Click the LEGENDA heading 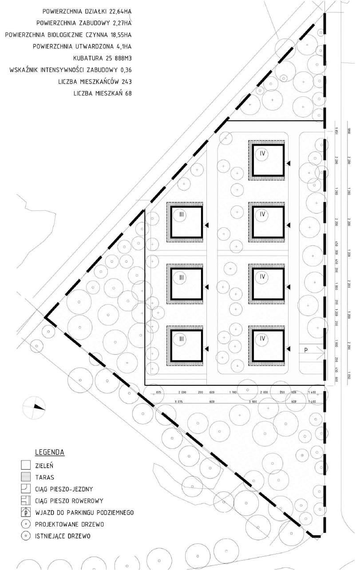point(50,452)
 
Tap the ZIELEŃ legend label point(45,466)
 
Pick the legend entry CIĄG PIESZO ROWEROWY point(65,501)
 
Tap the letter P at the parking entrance point(306,350)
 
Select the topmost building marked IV point(267,158)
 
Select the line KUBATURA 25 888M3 point(103,58)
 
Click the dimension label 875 point(158,392)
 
